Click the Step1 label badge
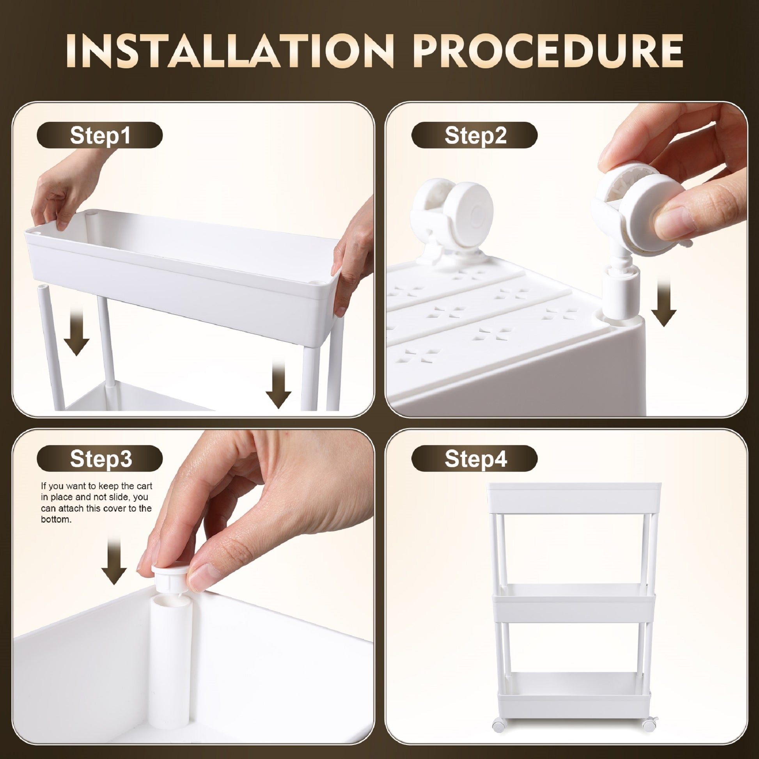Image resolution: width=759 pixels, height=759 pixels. pos(99,135)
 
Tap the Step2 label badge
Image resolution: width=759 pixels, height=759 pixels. pos(474,135)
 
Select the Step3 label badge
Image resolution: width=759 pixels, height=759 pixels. pos(99,458)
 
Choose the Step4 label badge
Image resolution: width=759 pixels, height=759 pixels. pos(474,458)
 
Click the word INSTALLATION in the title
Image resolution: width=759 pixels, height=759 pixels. pos(230,51)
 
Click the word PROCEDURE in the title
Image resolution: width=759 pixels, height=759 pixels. pos(548,51)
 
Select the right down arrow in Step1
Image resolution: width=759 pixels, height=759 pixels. pos(278,383)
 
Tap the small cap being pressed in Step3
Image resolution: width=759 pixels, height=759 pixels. pos(172,577)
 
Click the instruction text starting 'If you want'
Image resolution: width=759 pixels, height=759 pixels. pos(96,502)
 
